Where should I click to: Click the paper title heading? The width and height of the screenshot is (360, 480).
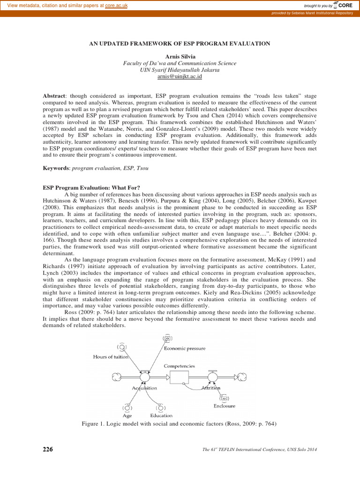[180, 44]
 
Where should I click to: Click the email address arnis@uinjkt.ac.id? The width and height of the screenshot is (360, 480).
[180, 76]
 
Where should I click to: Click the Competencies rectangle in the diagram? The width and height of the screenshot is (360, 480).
[182, 377]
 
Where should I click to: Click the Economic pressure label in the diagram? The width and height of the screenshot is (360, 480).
[184, 348]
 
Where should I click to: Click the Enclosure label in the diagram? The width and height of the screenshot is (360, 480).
[224, 406]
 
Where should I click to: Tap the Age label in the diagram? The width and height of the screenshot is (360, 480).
[127, 415]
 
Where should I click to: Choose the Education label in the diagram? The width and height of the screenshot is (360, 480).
[161, 415]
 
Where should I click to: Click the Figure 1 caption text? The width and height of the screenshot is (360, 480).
[180, 424]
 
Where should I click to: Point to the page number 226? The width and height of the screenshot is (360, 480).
[48, 450]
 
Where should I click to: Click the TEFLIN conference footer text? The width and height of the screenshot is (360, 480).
[260, 450]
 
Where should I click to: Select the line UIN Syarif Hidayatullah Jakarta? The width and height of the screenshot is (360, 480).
[180, 69]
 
